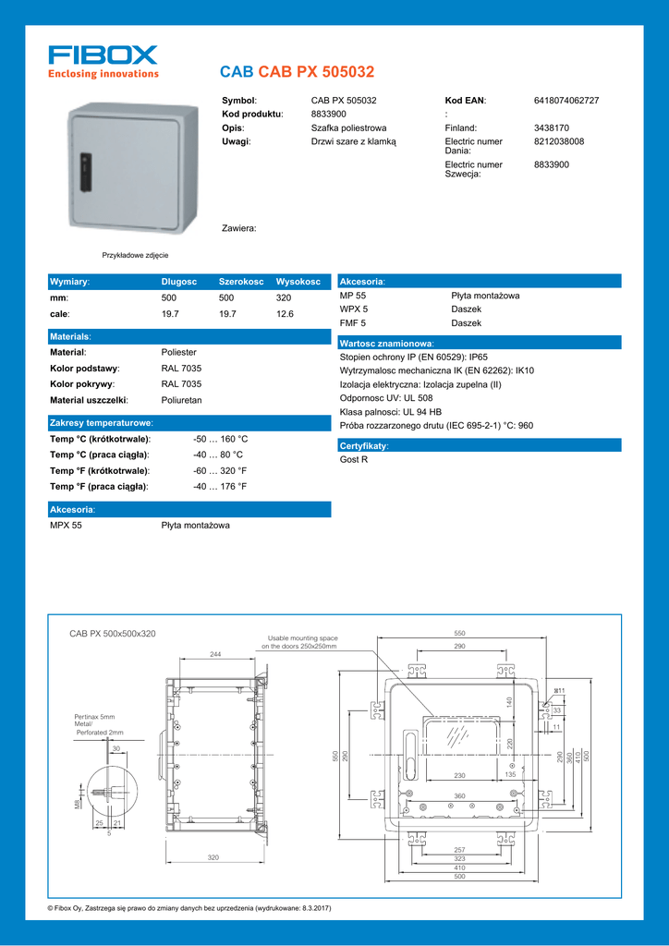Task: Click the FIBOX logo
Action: click(x=103, y=61)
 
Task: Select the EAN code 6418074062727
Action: click(x=566, y=100)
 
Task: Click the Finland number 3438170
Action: click(x=552, y=127)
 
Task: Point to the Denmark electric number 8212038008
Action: click(x=559, y=141)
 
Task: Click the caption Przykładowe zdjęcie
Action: click(x=135, y=255)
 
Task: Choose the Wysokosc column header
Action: click(x=298, y=281)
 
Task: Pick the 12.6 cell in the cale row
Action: click(x=285, y=314)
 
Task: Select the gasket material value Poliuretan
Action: click(x=181, y=400)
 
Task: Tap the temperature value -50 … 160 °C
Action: click(x=220, y=439)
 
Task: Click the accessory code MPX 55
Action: click(x=66, y=525)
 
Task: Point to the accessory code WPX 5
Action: click(x=354, y=309)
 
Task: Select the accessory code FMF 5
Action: click(x=353, y=323)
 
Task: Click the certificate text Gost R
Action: click(x=354, y=459)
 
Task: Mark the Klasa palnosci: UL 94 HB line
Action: click(x=391, y=411)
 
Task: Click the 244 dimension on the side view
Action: click(x=215, y=654)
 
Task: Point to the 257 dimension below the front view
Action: click(x=459, y=849)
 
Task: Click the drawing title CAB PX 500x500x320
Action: click(x=113, y=634)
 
